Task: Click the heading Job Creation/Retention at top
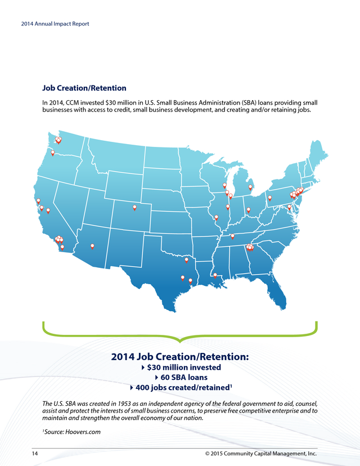coord(84,88)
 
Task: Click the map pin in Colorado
coord(134,208)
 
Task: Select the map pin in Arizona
coord(92,246)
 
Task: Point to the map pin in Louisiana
coord(215,275)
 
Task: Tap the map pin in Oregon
coord(53,153)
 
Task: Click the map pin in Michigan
coord(250,187)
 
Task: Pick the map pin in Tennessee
coord(232,236)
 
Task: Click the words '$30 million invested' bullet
coord(183,368)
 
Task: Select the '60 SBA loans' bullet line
coord(184,378)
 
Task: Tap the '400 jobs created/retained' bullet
coord(184,388)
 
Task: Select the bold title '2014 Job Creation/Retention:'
coord(180,357)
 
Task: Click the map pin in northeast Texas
coord(186,259)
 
